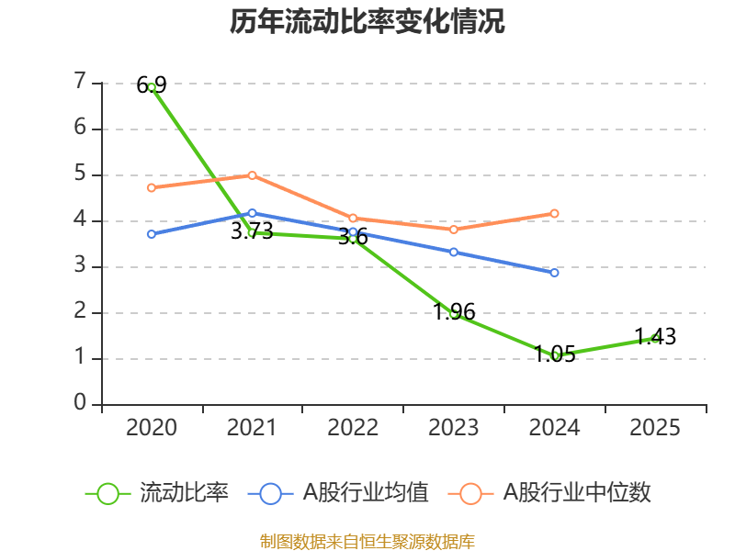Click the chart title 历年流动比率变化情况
367,22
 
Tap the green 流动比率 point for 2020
152,86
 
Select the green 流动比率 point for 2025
655,338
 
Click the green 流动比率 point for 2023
454,313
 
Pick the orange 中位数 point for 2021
252,175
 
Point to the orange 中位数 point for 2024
554,213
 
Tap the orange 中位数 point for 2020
152,187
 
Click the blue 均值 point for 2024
554,273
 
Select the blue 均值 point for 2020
152,234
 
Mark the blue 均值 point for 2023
454,252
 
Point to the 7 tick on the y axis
81,82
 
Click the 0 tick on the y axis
81,403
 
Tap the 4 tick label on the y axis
81,219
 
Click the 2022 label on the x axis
353,427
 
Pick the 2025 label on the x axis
655,427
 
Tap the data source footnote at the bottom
367,541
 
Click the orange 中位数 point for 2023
454,230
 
